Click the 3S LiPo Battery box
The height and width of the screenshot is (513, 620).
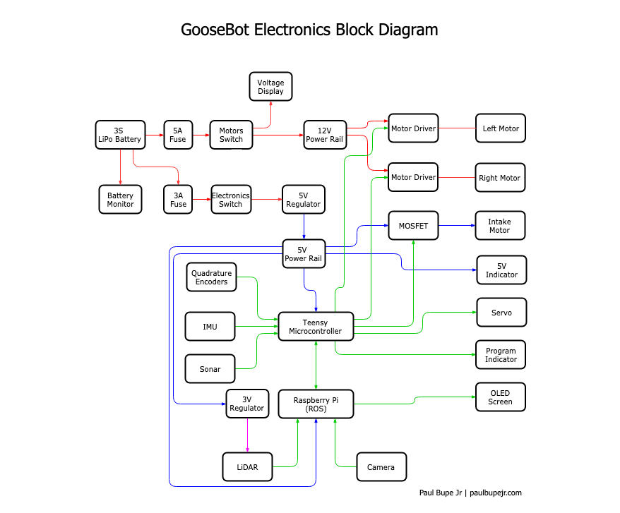pos(120,135)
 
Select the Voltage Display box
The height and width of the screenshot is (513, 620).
pos(270,87)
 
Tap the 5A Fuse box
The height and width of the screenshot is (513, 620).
pos(178,135)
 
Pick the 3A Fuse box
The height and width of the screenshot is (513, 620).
pos(178,200)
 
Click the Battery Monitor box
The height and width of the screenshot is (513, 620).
pos(120,200)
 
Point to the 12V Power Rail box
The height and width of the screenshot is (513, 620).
pos(325,135)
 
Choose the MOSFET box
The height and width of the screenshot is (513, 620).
pos(412,226)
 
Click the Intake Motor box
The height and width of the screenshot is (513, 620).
pos(500,226)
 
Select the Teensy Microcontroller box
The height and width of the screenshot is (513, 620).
pos(315,327)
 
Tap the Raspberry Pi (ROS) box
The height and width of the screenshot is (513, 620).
pos(315,404)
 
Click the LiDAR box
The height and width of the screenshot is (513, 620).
pos(248,467)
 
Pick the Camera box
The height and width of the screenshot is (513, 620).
pos(381,467)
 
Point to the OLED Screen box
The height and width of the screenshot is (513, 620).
pos(500,397)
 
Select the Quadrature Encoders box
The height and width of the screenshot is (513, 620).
pos(212,277)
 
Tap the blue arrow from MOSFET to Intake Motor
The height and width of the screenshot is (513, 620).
pos(456,226)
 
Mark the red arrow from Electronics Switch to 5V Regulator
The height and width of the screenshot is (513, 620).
pos(267,199)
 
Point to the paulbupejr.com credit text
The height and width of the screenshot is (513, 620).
pos(495,493)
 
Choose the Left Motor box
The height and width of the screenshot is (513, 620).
pos(500,128)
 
